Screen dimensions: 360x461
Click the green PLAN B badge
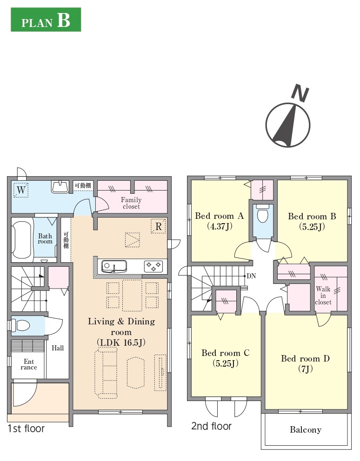click(x=46, y=20)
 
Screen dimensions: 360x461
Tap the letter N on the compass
click(x=300, y=93)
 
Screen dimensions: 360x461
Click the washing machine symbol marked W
click(x=21, y=190)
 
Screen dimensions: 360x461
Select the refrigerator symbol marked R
click(x=158, y=226)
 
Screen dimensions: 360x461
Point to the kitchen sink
click(x=114, y=267)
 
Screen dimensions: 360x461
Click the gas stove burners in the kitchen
click(x=153, y=266)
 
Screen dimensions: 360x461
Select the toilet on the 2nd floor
click(x=263, y=213)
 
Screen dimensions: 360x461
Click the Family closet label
click(x=131, y=203)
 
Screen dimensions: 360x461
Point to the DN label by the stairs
click(x=251, y=276)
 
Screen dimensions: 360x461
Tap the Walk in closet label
click(x=323, y=296)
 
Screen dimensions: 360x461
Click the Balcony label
click(x=306, y=430)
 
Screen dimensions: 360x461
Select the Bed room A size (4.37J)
click(x=220, y=226)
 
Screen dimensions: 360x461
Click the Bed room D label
click(x=305, y=358)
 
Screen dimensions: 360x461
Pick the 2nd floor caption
click(x=211, y=426)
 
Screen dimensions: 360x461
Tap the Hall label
click(x=58, y=348)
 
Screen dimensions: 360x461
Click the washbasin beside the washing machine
click(x=60, y=187)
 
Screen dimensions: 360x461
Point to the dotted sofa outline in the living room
click(x=106, y=373)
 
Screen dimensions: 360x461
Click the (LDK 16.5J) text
click(x=121, y=342)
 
